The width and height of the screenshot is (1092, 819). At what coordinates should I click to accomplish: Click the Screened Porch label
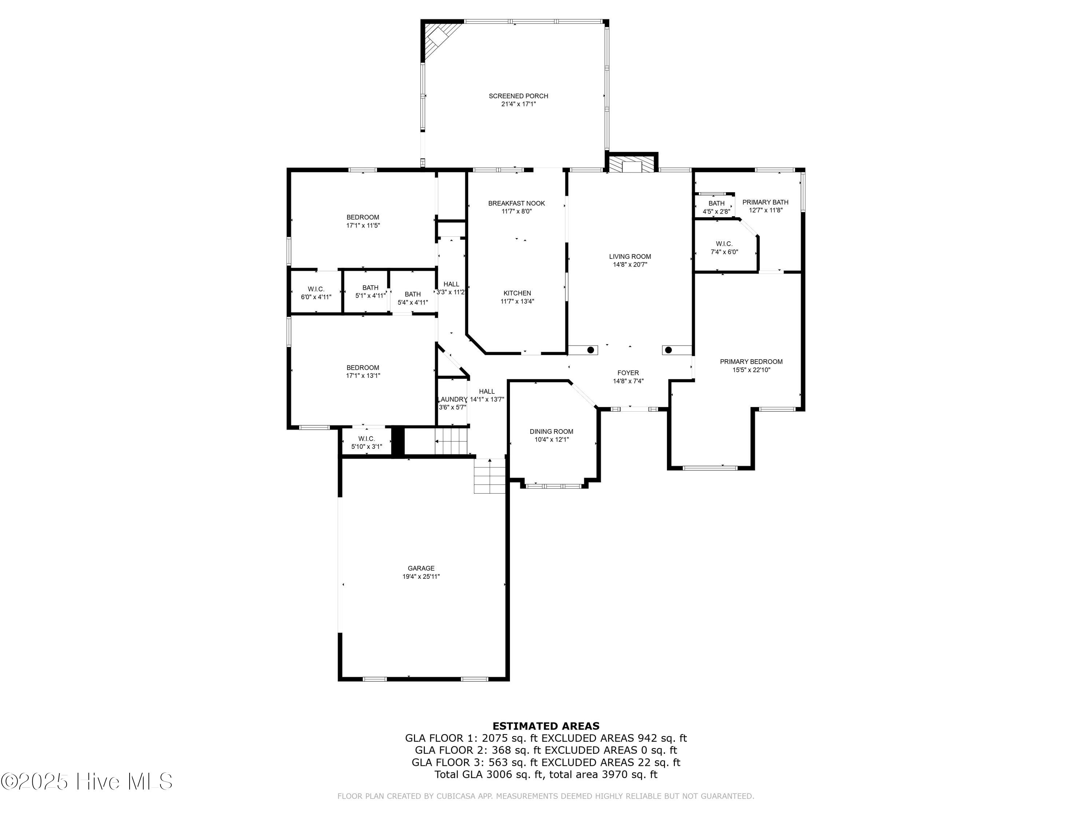click(518, 96)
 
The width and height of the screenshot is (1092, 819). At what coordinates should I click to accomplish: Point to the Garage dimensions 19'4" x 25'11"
click(421, 577)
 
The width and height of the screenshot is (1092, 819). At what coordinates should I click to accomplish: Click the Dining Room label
click(551, 431)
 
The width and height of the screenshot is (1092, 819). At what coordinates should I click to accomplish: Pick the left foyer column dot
click(590, 350)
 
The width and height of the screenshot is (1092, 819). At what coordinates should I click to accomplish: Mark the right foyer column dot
click(668, 350)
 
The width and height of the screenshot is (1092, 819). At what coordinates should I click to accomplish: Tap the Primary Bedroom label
click(751, 361)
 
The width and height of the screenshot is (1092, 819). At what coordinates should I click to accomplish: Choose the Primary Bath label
click(765, 202)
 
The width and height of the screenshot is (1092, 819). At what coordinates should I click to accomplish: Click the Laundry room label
click(452, 399)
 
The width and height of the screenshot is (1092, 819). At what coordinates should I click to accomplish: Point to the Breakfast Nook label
click(517, 203)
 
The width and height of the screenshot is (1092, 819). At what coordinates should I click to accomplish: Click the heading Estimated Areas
click(546, 726)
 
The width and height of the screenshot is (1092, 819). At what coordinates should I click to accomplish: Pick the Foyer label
click(628, 373)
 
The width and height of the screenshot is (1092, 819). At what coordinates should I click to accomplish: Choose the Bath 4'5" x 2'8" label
click(716, 203)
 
